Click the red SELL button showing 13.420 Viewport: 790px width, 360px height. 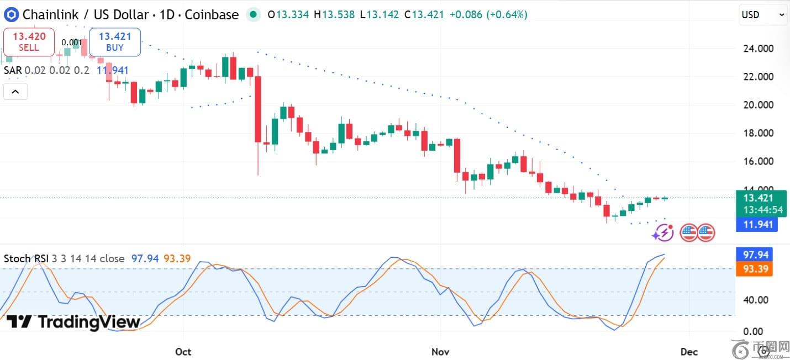[29, 42]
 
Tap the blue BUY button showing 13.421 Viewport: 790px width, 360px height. [115, 42]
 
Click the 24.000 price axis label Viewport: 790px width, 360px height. [759, 49]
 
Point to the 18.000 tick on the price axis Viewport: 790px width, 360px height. [759, 133]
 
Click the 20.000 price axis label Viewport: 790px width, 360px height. [759, 105]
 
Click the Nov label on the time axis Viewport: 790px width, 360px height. [441, 352]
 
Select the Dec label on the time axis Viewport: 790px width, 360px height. [689, 352]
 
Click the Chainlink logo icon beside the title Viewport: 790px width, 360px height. [11, 15]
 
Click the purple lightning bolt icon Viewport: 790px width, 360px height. [663, 233]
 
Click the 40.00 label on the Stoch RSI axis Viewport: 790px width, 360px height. [755, 300]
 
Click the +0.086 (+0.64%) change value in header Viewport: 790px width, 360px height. [488, 15]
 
